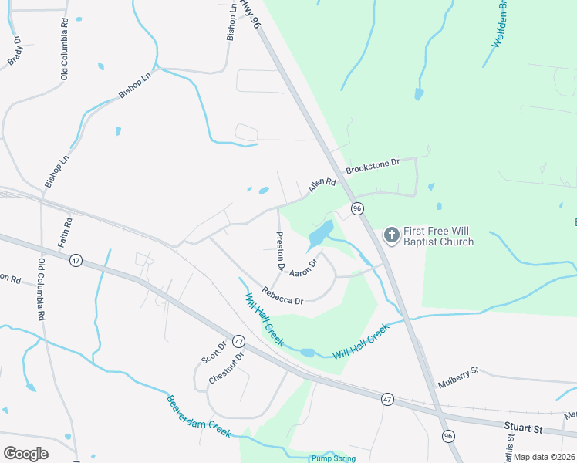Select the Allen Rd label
(x=322, y=184)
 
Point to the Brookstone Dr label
(x=372, y=164)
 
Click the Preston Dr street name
(x=280, y=252)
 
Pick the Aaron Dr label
(x=304, y=267)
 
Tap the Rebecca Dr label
(x=282, y=295)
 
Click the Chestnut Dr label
(x=226, y=367)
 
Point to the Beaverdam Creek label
(x=198, y=417)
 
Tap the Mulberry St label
(x=458, y=377)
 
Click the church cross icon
(x=392, y=234)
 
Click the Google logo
(x=25, y=453)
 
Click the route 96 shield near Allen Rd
(x=356, y=209)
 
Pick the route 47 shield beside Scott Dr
(x=238, y=340)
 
